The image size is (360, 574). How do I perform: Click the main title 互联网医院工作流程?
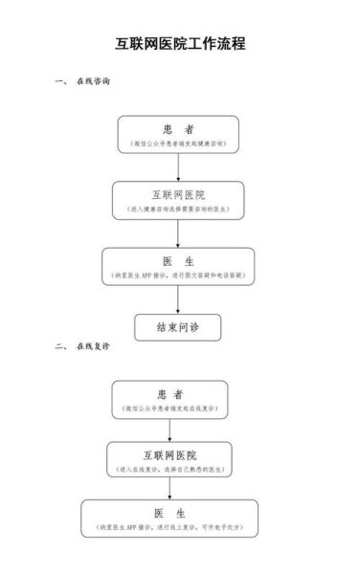[179, 43]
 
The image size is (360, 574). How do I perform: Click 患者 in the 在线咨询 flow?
[178, 129]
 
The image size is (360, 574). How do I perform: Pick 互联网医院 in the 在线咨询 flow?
[178, 195]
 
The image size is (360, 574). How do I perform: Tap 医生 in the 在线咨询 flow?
[178, 261]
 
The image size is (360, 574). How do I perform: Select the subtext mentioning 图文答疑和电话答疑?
[178, 275]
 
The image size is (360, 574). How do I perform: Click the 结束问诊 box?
[177, 327]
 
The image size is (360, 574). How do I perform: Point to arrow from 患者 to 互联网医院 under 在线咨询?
[178, 166]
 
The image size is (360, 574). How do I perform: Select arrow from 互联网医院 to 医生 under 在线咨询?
[178, 233]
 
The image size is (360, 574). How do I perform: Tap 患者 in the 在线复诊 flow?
[169, 393]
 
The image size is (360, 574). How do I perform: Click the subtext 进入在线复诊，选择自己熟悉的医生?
[169, 469]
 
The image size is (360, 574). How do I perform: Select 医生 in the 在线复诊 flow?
[169, 515]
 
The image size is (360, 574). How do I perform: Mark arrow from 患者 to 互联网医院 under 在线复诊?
[169, 430]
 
